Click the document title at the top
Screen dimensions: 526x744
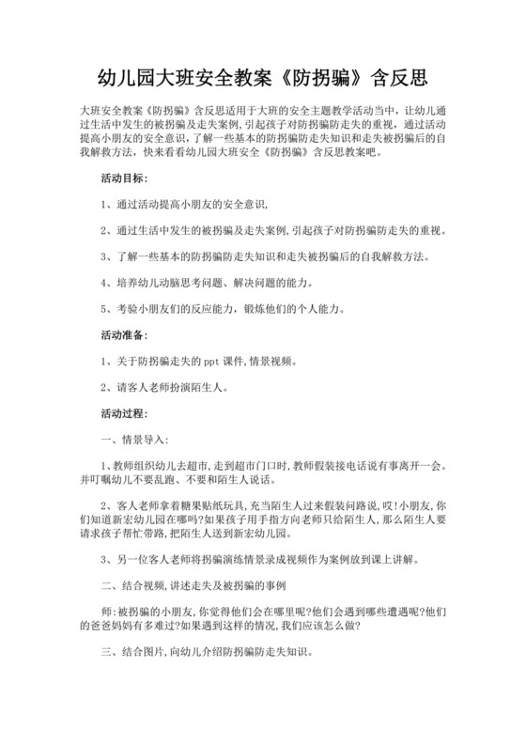[x=263, y=75]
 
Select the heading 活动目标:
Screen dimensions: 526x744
[x=124, y=151]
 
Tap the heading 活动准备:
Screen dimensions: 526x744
[x=124, y=333]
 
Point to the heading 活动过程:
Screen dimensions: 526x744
[x=124, y=411]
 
